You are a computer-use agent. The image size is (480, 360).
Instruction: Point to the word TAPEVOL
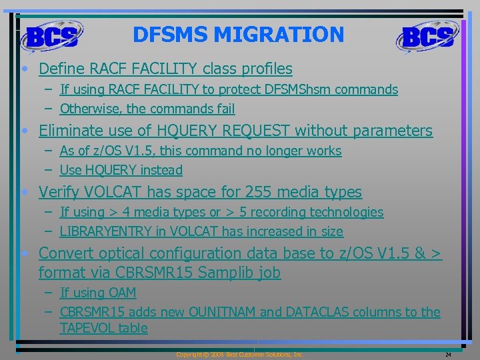click(86, 328)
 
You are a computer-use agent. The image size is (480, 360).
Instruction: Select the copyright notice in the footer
click(240, 355)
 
